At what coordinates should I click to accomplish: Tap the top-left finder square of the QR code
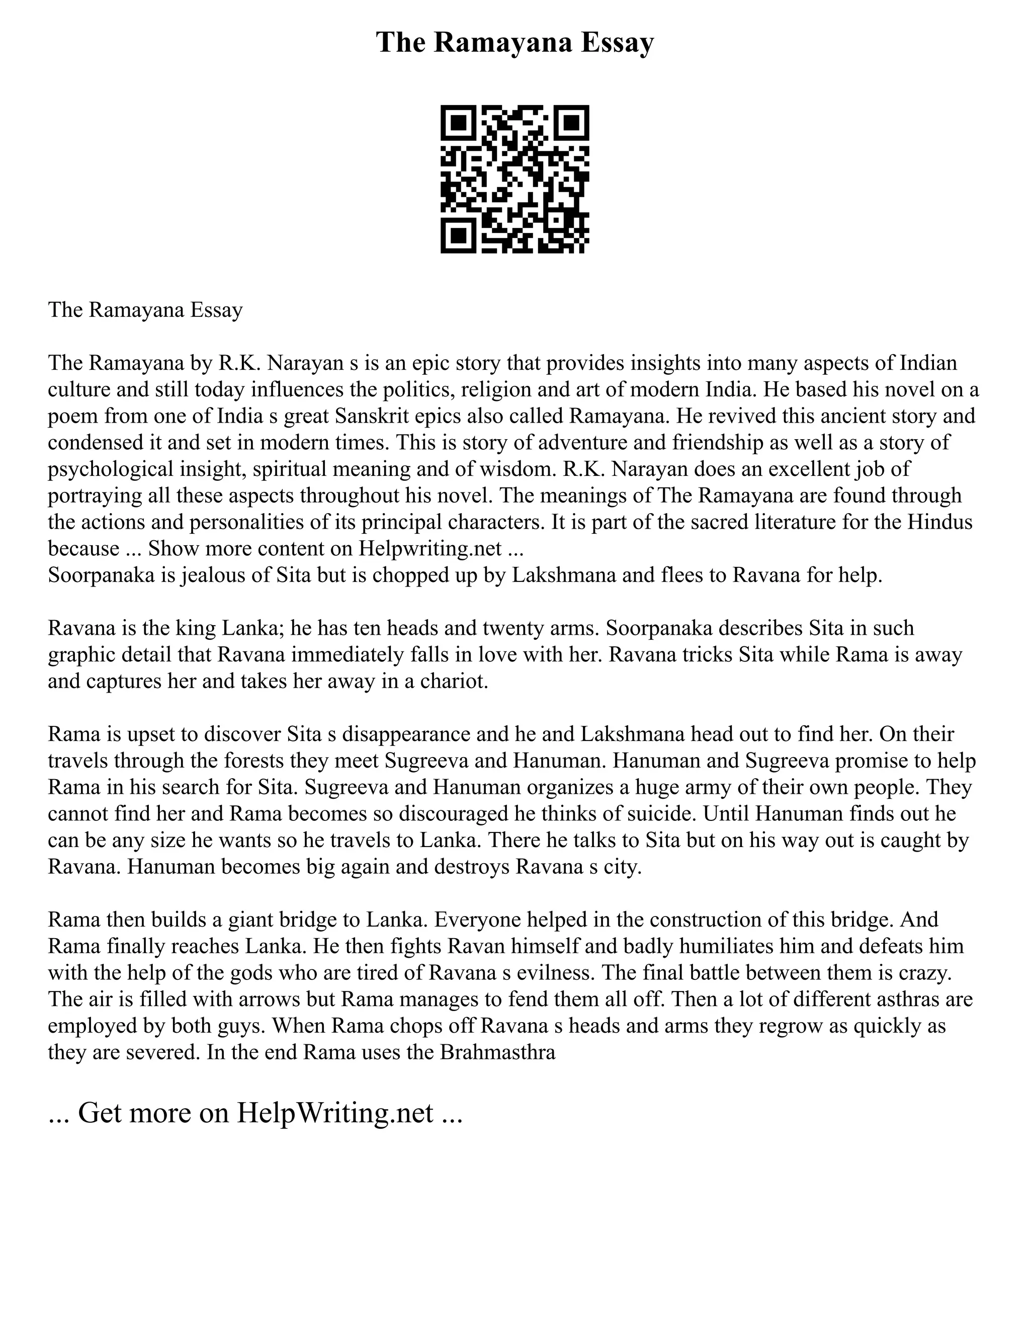click(x=458, y=123)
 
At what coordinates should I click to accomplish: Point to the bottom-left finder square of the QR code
click(x=458, y=235)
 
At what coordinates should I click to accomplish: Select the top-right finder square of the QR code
click(x=571, y=123)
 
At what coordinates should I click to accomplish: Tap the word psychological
click(x=110, y=469)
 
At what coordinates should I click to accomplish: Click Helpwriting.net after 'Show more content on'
click(x=430, y=548)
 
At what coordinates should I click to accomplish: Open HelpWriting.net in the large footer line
click(x=334, y=1113)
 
